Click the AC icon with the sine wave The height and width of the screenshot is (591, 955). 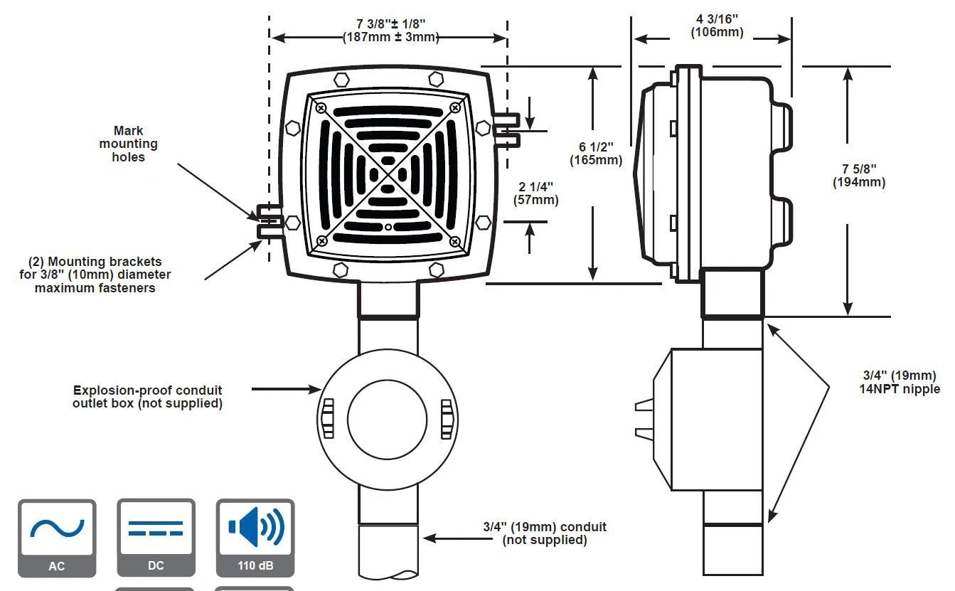click(x=57, y=538)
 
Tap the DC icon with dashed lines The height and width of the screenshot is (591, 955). click(x=156, y=538)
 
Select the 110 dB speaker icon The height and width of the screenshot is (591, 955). click(x=255, y=538)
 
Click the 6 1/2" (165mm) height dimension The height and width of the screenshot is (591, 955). click(x=596, y=154)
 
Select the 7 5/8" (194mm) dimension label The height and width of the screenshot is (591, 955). click(x=859, y=176)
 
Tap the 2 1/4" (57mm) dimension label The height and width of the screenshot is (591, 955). click(x=536, y=193)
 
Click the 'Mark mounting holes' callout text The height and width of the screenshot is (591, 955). click(x=128, y=144)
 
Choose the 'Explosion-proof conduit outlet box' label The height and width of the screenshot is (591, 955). click(x=147, y=397)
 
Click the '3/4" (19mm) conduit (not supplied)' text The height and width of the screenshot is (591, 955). click(x=545, y=533)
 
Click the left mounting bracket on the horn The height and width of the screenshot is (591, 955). click(x=270, y=220)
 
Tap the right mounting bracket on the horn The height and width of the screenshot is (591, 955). click(x=506, y=129)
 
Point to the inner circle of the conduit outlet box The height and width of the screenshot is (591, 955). click(x=388, y=418)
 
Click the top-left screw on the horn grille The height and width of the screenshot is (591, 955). click(x=321, y=107)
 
